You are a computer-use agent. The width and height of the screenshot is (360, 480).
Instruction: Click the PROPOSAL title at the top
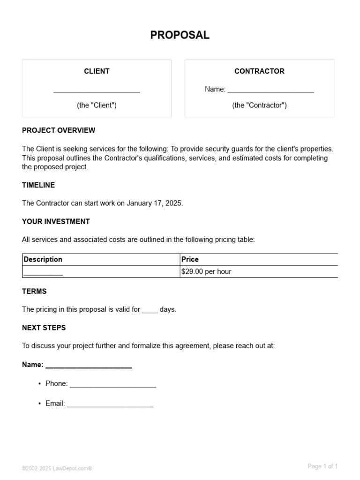coord(180,35)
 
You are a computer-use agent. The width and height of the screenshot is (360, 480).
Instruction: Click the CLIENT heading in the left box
coord(97,71)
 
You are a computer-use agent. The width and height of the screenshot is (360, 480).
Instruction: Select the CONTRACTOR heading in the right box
coord(259,71)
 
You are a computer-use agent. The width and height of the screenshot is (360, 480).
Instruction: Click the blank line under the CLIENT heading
coord(97,90)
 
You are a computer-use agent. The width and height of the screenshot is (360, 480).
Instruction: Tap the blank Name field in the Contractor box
coord(270,90)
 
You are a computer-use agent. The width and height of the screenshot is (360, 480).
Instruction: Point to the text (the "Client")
coord(97,105)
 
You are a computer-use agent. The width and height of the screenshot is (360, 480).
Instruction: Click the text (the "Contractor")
coord(259,105)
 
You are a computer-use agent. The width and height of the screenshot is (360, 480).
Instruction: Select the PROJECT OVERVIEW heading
coord(59,130)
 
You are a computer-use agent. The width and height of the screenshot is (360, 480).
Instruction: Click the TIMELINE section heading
coord(38,185)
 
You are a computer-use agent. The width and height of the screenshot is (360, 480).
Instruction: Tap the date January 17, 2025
coord(154,203)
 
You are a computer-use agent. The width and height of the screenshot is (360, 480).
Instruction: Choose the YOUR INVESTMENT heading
coord(56,221)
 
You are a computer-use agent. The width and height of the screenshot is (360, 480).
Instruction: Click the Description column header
coord(43,259)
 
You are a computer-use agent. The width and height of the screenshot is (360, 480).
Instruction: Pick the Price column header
coord(190,259)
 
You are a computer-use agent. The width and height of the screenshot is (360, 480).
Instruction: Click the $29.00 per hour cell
coord(206,271)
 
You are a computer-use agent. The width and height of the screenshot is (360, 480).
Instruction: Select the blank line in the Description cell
coord(43,272)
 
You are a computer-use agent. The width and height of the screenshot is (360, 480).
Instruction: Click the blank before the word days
coord(150,310)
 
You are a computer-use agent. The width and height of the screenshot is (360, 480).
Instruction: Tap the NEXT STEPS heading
coord(44,328)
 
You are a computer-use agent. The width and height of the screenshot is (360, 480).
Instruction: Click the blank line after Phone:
coord(112,385)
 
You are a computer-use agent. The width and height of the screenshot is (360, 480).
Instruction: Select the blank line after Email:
coord(110,405)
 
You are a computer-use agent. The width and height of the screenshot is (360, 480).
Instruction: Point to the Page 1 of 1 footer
coord(322,466)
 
